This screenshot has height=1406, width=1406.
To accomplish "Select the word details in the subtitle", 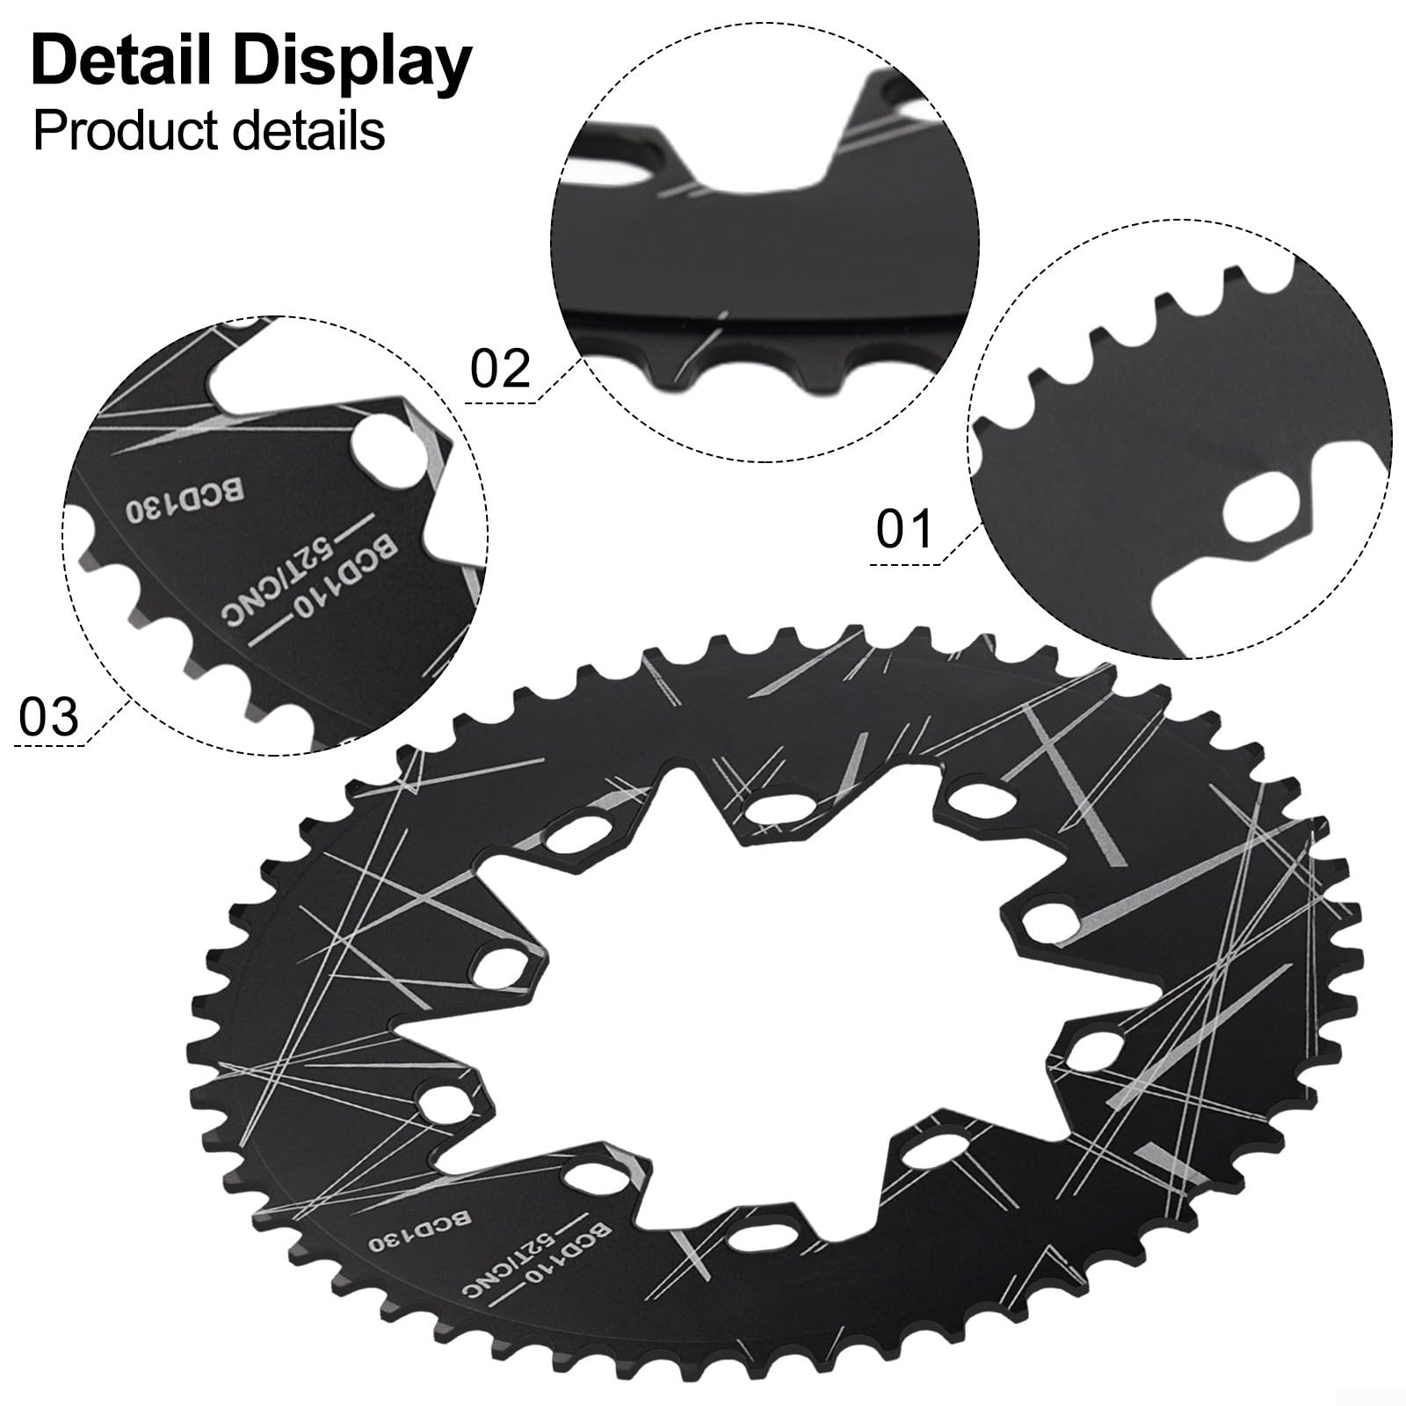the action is [x=305, y=130].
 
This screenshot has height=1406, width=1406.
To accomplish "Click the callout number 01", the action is [x=903, y=529].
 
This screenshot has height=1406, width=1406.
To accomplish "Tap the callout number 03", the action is [x=49, y=716].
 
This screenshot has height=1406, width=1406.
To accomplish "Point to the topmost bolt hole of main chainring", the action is [x=779, y=807].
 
